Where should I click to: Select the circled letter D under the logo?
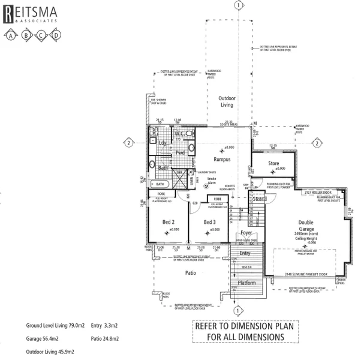point(56,35)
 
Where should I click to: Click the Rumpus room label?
point(222,160)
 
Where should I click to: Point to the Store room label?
point(273,163)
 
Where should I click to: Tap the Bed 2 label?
point(168,222)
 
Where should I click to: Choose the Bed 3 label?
point(209,222)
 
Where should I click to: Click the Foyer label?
point(246,232)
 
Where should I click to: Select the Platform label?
point(247,282)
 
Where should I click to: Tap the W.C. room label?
point(179,133)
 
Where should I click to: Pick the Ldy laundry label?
point(163,143)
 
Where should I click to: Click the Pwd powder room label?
point(179,152)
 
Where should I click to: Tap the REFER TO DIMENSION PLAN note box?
point(246,332)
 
